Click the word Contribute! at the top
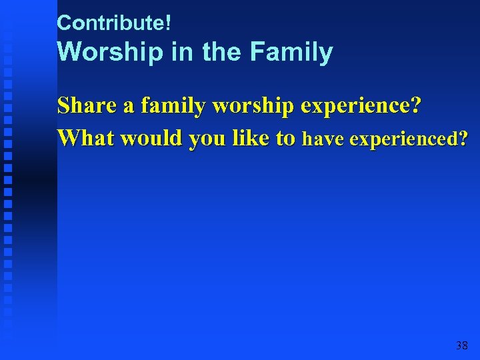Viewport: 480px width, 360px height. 114,23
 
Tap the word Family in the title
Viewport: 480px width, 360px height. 291,52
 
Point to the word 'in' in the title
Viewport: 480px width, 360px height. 181,52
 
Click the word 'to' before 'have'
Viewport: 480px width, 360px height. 285,139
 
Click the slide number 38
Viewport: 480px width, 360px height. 461,345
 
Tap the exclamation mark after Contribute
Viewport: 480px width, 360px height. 168,23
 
